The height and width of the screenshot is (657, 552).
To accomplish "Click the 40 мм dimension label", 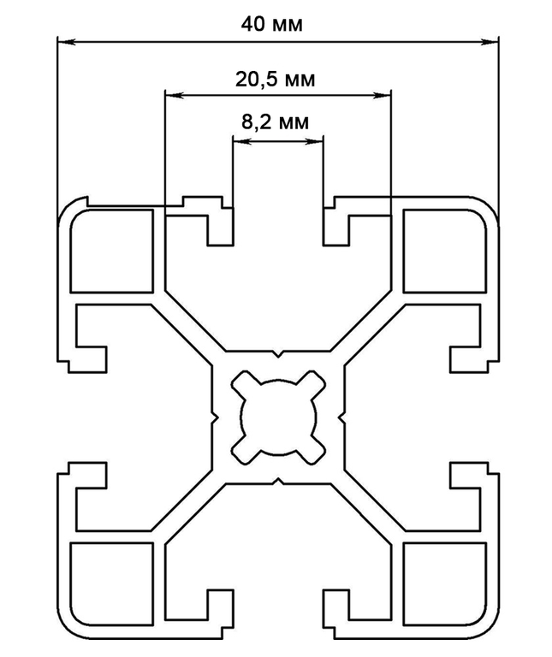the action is (271, 24).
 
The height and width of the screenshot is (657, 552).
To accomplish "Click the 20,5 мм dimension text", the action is (275, 80).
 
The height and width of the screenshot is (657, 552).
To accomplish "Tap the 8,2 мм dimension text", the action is (275, 122).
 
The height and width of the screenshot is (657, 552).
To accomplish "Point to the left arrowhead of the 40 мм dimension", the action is (66, 42).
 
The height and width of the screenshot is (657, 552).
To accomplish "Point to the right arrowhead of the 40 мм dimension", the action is (490, 42).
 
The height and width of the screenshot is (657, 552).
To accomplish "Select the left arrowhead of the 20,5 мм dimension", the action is (175, 96).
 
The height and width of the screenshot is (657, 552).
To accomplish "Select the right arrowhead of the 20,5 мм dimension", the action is (382, 96).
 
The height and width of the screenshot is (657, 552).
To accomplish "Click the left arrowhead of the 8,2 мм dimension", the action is (242, 142).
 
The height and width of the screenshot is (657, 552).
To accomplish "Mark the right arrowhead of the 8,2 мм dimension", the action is (314, 142).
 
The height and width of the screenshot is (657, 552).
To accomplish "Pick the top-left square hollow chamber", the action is (112, 251).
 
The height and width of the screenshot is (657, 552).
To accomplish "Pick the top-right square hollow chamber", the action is (445, 251).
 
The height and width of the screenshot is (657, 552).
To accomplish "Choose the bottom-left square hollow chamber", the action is (112, 584).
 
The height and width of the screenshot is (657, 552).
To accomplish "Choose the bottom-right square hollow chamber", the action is (445, 584).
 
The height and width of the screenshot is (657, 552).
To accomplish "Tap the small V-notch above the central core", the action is (278, 353).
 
